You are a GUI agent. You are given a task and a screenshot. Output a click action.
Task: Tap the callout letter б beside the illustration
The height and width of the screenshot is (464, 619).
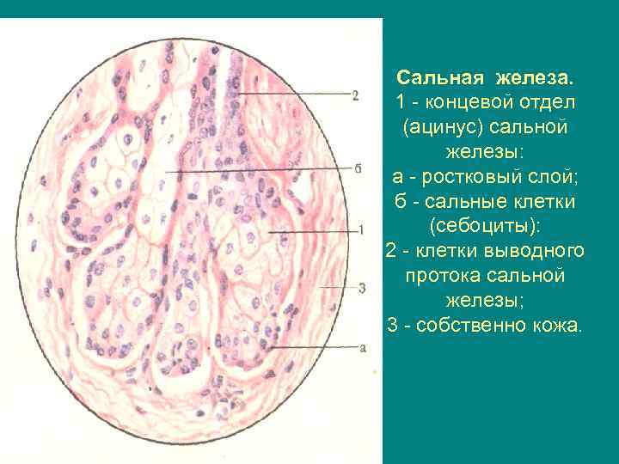pos(356,168)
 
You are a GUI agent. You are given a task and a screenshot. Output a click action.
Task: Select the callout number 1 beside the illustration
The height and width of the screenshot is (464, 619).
pos(362,230)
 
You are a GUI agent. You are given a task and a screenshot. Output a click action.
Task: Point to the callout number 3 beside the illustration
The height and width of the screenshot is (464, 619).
pos(362,288)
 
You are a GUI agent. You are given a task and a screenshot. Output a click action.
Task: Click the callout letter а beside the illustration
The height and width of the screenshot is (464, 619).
pos(362,347)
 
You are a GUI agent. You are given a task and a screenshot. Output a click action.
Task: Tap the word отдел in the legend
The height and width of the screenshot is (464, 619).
pos(544,103)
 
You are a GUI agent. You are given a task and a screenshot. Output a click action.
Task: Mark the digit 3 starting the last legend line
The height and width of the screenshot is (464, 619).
pos(392,326)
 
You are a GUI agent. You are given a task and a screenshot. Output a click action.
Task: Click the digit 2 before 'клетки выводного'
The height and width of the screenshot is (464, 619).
pos(390,252)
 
